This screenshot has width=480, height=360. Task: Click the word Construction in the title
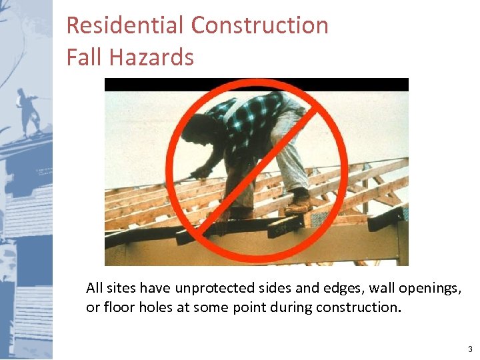[259, 25]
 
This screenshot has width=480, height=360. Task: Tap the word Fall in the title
[82, 57]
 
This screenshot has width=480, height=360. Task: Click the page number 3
[469, 349]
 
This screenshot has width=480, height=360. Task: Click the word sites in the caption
[123, 289]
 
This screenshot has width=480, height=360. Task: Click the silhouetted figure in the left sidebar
[29, 110]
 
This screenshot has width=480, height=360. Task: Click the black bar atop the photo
[256, 85]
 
